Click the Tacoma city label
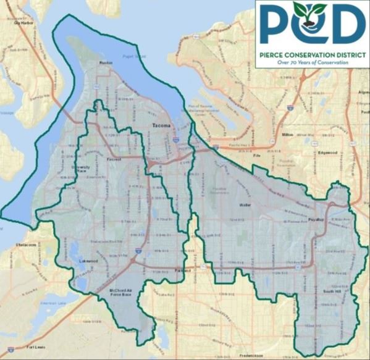coord(160,126)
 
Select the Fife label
coord(258,156)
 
